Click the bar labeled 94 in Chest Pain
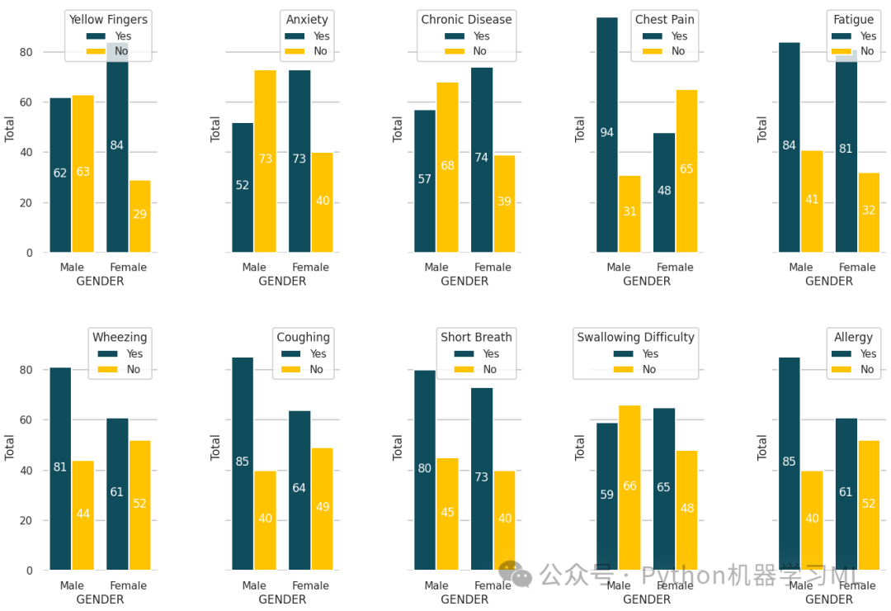[x=607, y=135]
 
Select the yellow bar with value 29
[x=139, y=216]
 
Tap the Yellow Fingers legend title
[x=108, y=19]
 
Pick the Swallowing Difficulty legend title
[x=635, y=337]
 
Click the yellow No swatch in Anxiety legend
[x=295, y=51]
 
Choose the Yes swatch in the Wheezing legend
[x=107, y=353]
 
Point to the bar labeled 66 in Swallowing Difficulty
[x=629, y=487]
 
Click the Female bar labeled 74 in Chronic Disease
[x=482, y=160]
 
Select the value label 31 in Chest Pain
[x=629, y=211]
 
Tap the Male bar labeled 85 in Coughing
[x=243, y=464]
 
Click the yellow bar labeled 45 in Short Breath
[x=448, y=514]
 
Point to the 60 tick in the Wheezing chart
[x=26, y=419]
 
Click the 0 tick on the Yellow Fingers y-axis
[x=29, y=253]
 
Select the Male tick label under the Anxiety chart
[x=254, y=267]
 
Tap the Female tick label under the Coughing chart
[x=310, y=585]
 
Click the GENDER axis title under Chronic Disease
[x=464, y=281]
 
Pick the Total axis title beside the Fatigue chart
[x=762, y=129]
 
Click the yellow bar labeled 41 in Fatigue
[x=812, y=201]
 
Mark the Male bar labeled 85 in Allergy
[x=790, y=464]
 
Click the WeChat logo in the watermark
[x=515, y=574]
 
